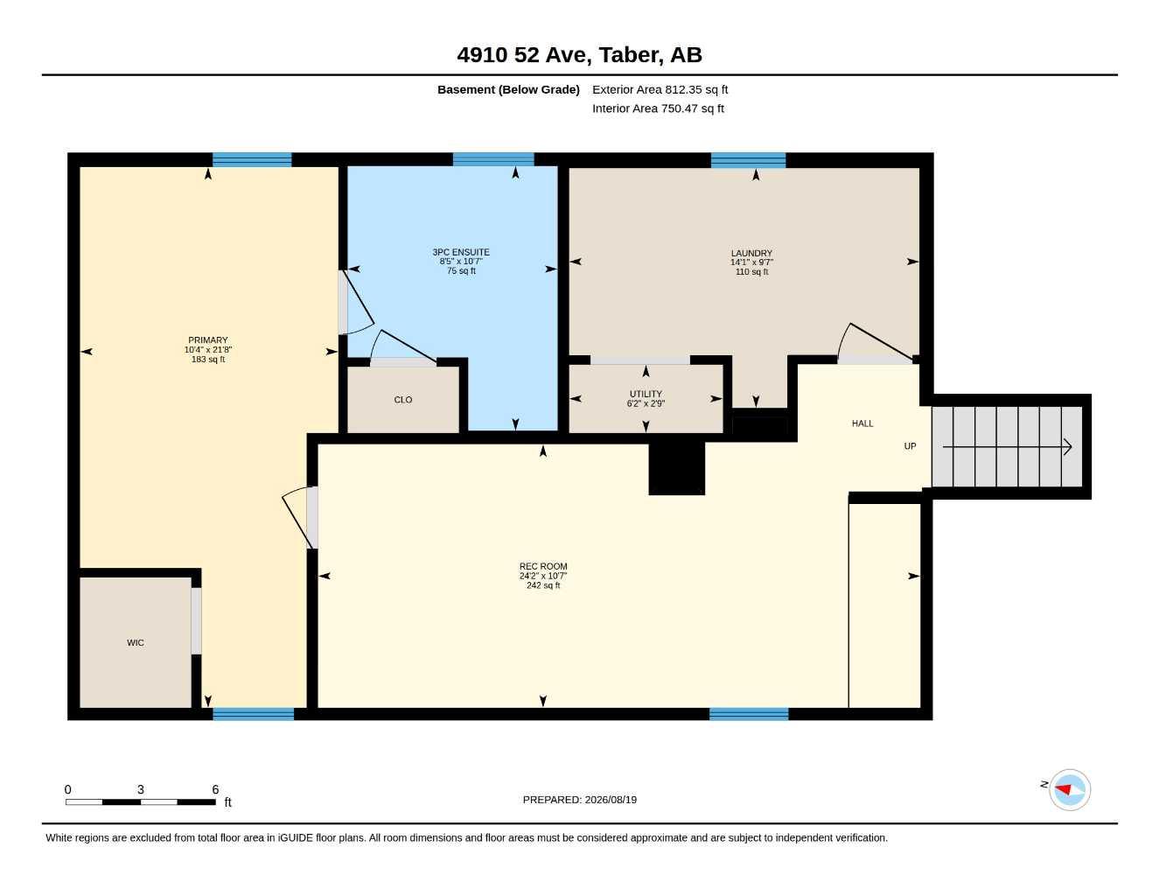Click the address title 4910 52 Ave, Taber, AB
579,55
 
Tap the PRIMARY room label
208,340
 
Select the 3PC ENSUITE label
461,252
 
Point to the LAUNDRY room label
751,254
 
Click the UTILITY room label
646,394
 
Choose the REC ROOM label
543,566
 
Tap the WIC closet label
136,643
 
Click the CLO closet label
403,400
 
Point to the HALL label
862,424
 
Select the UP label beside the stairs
910,446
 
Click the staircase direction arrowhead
1067,447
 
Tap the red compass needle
1063,789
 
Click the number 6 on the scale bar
215,789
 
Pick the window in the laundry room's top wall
748,160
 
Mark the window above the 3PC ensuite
493,159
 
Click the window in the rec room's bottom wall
749,714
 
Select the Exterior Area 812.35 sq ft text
660,89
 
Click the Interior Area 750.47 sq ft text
658,108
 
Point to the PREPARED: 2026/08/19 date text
580,800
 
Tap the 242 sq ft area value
543,585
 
